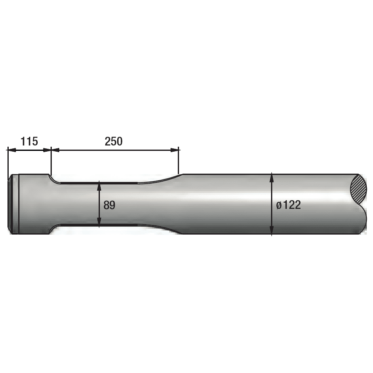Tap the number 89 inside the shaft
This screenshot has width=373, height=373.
109,205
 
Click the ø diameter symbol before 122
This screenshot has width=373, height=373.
279,205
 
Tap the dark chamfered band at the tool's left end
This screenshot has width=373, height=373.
14,204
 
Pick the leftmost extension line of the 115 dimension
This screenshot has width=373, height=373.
7,162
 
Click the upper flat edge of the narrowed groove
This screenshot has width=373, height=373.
99,182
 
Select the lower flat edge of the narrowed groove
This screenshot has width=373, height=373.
99,225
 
